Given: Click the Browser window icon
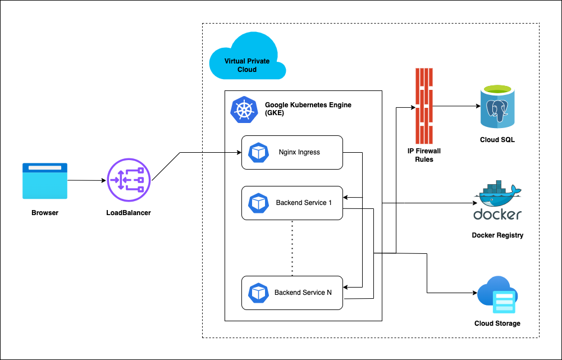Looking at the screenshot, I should coord(45,181).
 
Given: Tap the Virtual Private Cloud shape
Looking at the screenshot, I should coord(247,58).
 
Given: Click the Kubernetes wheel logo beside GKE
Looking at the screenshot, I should coord(243,109).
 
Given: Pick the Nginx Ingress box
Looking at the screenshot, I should coord(292,152).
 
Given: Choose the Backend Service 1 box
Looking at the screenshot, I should coord(292,203).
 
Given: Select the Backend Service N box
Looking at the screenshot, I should coord(292,293).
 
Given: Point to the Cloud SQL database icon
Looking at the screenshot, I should coord(497,107).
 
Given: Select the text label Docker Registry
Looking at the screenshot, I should coord(497,235).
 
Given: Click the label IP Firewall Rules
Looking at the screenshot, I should coord(424,155).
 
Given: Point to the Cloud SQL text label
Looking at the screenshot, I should coord(497,140).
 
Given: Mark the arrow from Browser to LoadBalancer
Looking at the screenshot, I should coord(86,181).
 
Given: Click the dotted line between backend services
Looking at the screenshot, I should coord(293,247).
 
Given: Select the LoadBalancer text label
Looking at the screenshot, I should coord(129,213).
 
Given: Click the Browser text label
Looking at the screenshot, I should coord(45,213).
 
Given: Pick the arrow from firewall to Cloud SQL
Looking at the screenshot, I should coord(455,106).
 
